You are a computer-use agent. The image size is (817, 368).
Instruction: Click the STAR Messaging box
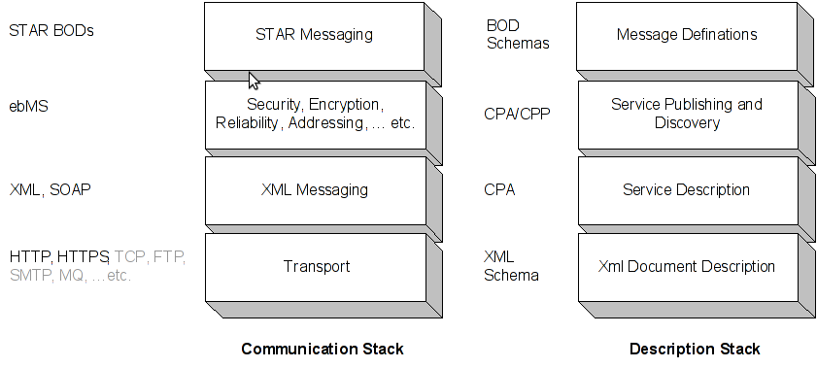pyautogui.click(x=314, y=36)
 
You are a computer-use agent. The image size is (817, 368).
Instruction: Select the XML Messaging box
pyautogui.click(x=314, y=190)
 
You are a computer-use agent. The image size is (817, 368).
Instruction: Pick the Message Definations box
pyautogui.click(x=687, y=36)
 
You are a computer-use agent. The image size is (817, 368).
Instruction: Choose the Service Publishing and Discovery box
pyautogui.click(x=687, y=114)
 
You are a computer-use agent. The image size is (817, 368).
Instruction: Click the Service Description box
pyautogui.click(x=687, y=190)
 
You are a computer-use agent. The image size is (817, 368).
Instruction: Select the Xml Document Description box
pyautogui.click(x=687, y=266)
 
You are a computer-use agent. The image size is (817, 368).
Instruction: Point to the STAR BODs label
pyautogui.click(x=51, y=30)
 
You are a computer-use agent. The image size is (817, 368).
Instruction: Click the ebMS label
pyautogui.click(x=28, y=107)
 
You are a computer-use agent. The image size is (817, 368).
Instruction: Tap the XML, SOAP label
pyautogui.click(x=50, y=189)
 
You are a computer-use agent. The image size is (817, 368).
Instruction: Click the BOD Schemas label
pyautogui.click(x=517, y=35)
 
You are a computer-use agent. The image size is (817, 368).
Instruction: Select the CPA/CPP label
pyautogui.click(x=517, y=114)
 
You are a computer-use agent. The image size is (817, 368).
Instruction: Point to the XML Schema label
pyautogui.click(x=511, y=266)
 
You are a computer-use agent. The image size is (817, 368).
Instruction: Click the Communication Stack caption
pyautogui.click(x=322, y=349)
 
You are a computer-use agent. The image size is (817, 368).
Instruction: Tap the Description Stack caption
pyautogui.click(x=695, y=349)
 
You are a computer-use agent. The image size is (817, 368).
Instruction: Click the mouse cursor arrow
pyautogui.click(x=254, y=81)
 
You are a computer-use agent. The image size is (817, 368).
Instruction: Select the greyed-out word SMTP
pyautogui.click(x=30, y=276)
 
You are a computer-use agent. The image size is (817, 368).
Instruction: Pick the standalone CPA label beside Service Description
pyautogui.click(x=499, y=190)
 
